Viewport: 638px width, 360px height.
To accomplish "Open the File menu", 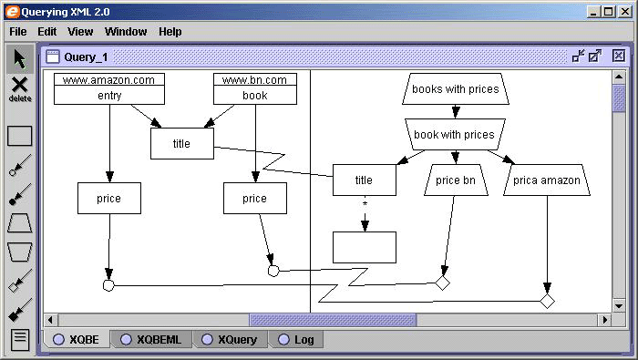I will pos(17,31).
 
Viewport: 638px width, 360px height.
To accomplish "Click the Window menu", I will pos(125,31).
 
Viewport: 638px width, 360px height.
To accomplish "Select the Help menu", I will pos(170,31).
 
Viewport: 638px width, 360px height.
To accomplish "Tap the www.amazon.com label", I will pos(108,80).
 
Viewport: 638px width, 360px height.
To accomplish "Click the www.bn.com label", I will pos(255,80).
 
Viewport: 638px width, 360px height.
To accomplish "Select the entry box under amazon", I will pos(108,96).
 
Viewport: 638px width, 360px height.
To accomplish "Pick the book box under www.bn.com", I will pos(255,96).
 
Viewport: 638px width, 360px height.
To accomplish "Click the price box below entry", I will pos(108,198).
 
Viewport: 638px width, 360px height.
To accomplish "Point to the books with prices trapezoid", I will pos(455,89).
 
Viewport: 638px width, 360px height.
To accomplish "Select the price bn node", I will pos(455,180).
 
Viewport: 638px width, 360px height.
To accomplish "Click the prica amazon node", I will pos(546,180).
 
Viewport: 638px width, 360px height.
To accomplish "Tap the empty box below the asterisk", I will pos(364,247).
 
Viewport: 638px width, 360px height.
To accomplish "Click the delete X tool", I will pos(19,87).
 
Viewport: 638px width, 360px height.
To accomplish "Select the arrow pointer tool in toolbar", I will pos(19,58).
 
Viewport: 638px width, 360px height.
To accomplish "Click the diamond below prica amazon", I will pos(547,301).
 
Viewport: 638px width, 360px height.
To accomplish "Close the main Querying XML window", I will pos(624,11).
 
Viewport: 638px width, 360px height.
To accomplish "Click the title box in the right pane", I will pos(364,180).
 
